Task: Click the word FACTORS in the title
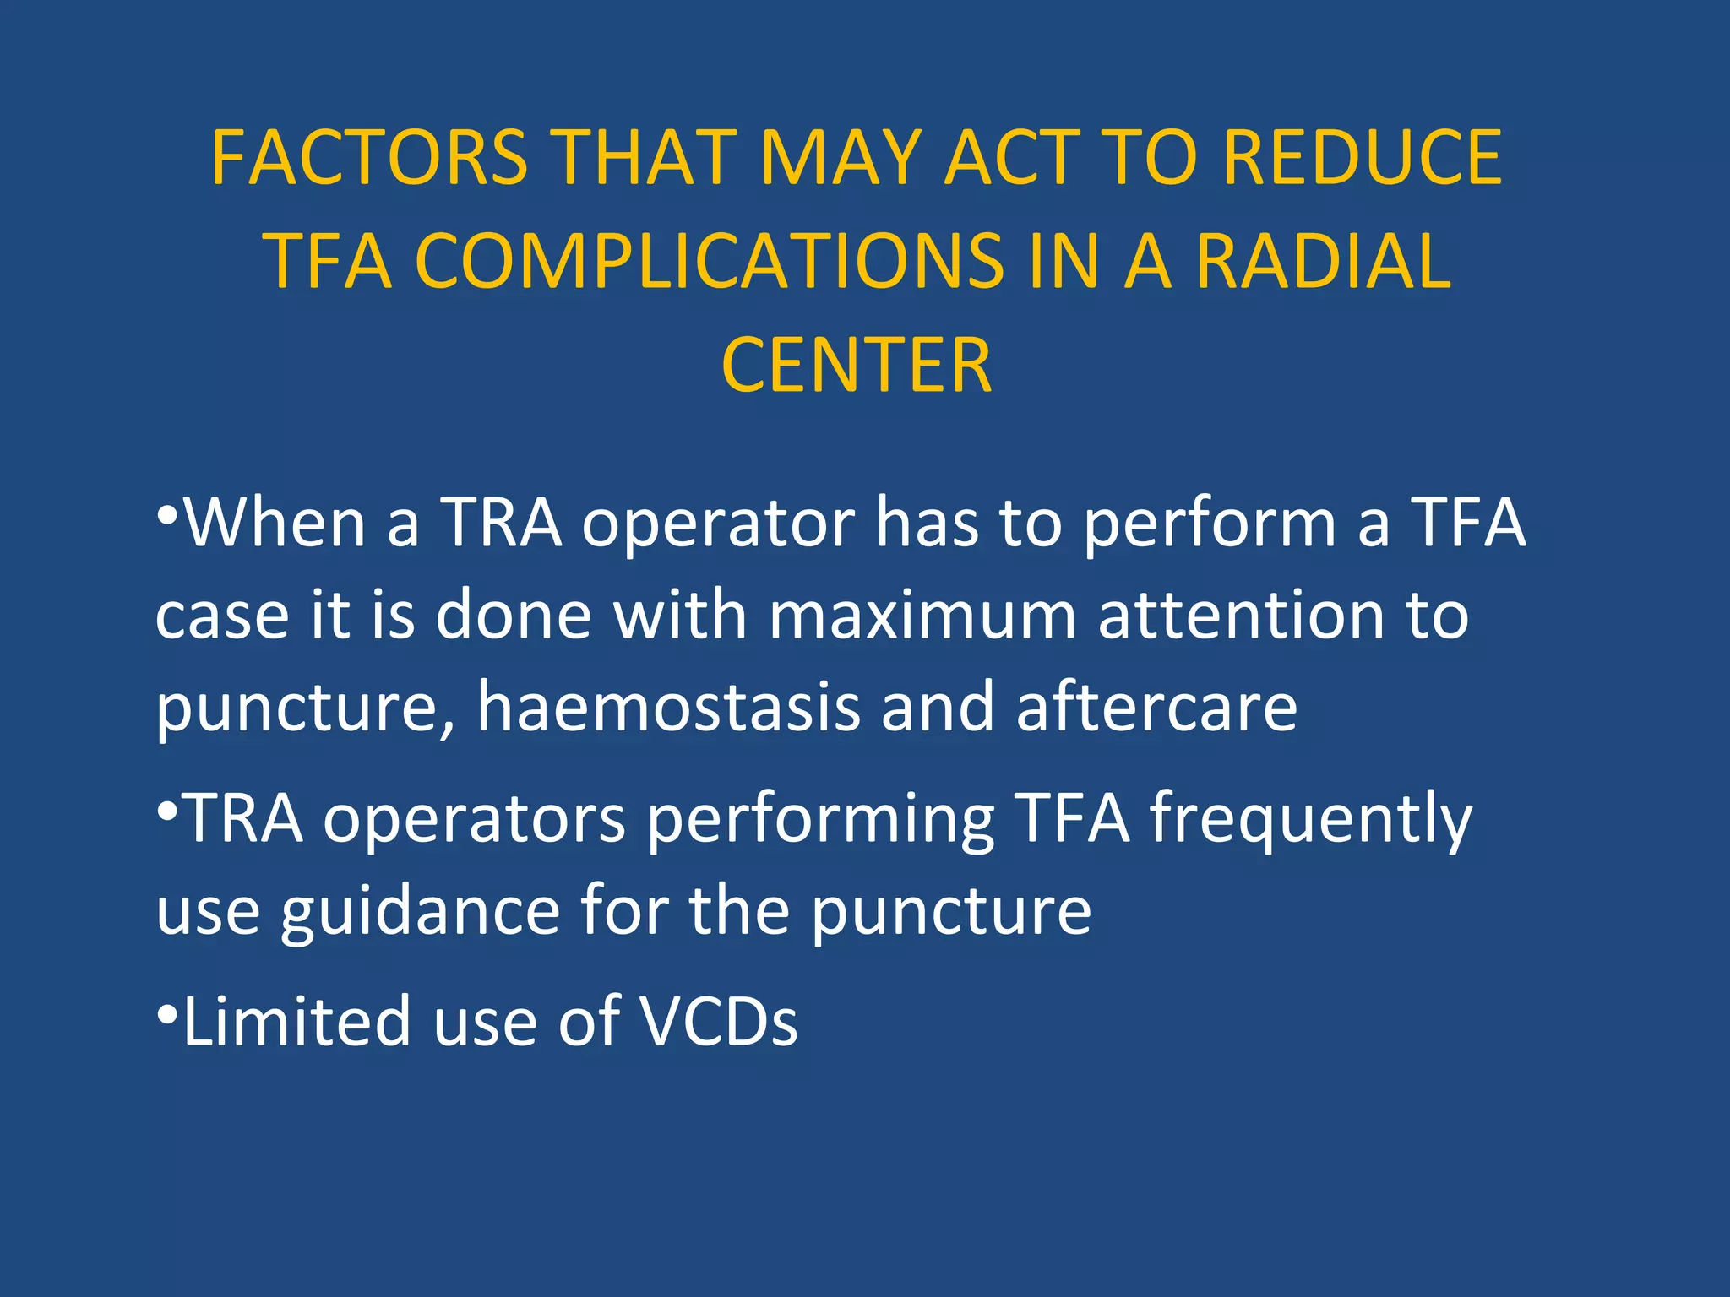coord(369,158)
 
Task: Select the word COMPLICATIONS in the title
coord(710,262)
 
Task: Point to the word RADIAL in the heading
coord(1323,262)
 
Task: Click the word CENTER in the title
coord(857,366)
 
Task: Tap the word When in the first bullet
coord(275,524)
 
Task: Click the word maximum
coord(922,615)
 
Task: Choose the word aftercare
coord(1156,707)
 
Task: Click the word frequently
coord(1311,819)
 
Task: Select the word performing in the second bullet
coord(821,819)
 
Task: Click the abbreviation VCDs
coord(718,1022)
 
